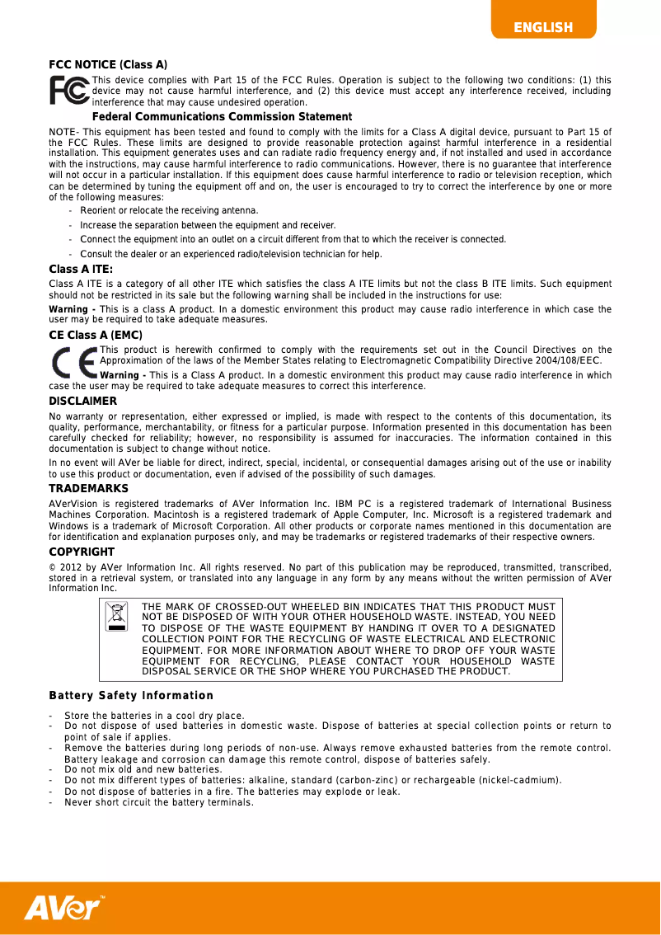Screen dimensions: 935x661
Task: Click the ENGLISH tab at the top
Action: [x=543, y=28]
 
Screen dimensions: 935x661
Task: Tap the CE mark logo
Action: [x=73, y=363]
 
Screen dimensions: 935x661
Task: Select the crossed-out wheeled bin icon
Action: [x=119, y=617]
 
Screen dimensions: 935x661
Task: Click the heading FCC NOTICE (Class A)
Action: [x=108, y=64]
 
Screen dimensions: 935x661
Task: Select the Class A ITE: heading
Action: [x=81, y=270]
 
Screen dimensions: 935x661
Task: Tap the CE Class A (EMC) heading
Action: [x=96, y=335]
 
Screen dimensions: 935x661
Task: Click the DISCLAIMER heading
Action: [x=83, y=402]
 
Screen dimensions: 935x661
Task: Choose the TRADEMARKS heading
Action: [x=88, y=489]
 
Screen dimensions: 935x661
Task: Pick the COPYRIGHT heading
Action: [x=82, y=552]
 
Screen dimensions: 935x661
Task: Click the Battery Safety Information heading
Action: [x=131, y=696]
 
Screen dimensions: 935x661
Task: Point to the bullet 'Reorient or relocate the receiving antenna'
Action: [x=169, y=211]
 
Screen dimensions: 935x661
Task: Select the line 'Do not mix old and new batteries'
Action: [x=143, y=769]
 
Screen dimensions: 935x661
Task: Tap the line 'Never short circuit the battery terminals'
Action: [x=159, y=802]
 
